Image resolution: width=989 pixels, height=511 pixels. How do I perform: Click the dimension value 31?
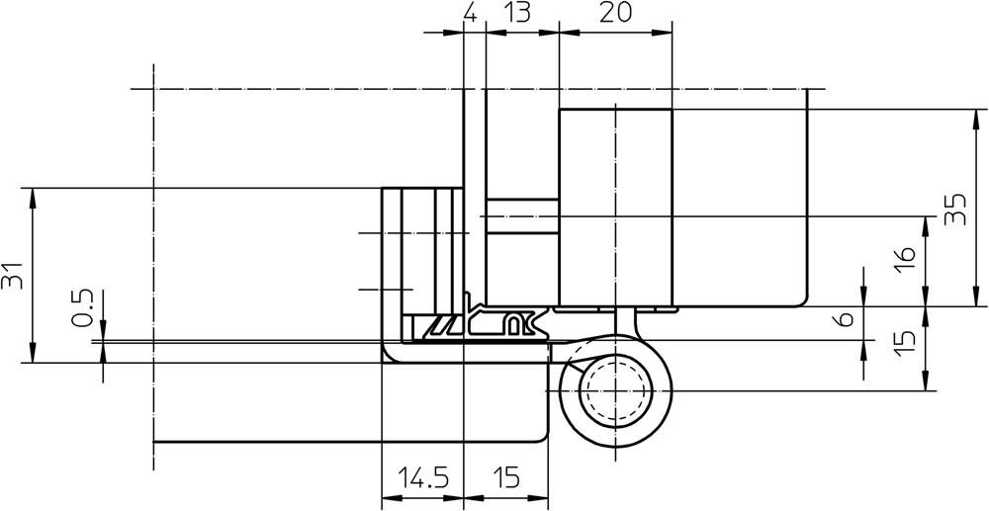pyautogui.click(x=12, y=276)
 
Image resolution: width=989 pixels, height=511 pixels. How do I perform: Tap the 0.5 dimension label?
pyautogui.click(x=83, y=308)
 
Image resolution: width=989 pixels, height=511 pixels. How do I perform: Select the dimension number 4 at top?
pyautogui.click(x=471, y=13)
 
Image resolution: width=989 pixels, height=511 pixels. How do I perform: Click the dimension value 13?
pyautogui.click(x=518, y=13)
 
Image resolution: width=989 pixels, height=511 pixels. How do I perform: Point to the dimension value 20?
pyautogui.click(x=615, y=13)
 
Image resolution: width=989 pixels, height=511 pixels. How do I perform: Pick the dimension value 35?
pyautogui.click(x=955, y=209)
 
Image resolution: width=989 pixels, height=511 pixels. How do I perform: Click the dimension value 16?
pyautogui.click(x=905, y=259)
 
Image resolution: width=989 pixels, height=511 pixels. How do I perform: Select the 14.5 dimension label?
pyautogui.click(x=423, y=478)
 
